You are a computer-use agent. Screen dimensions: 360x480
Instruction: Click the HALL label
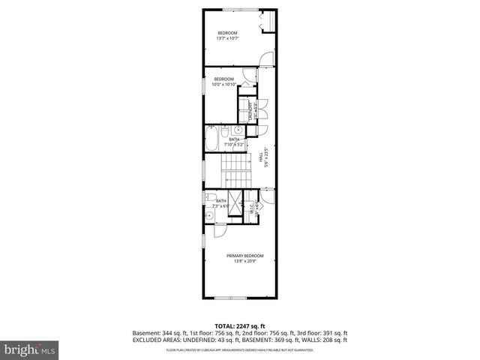click(x=262, y=157)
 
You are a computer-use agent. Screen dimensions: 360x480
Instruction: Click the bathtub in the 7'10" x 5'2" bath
click(x=213, y=139)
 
